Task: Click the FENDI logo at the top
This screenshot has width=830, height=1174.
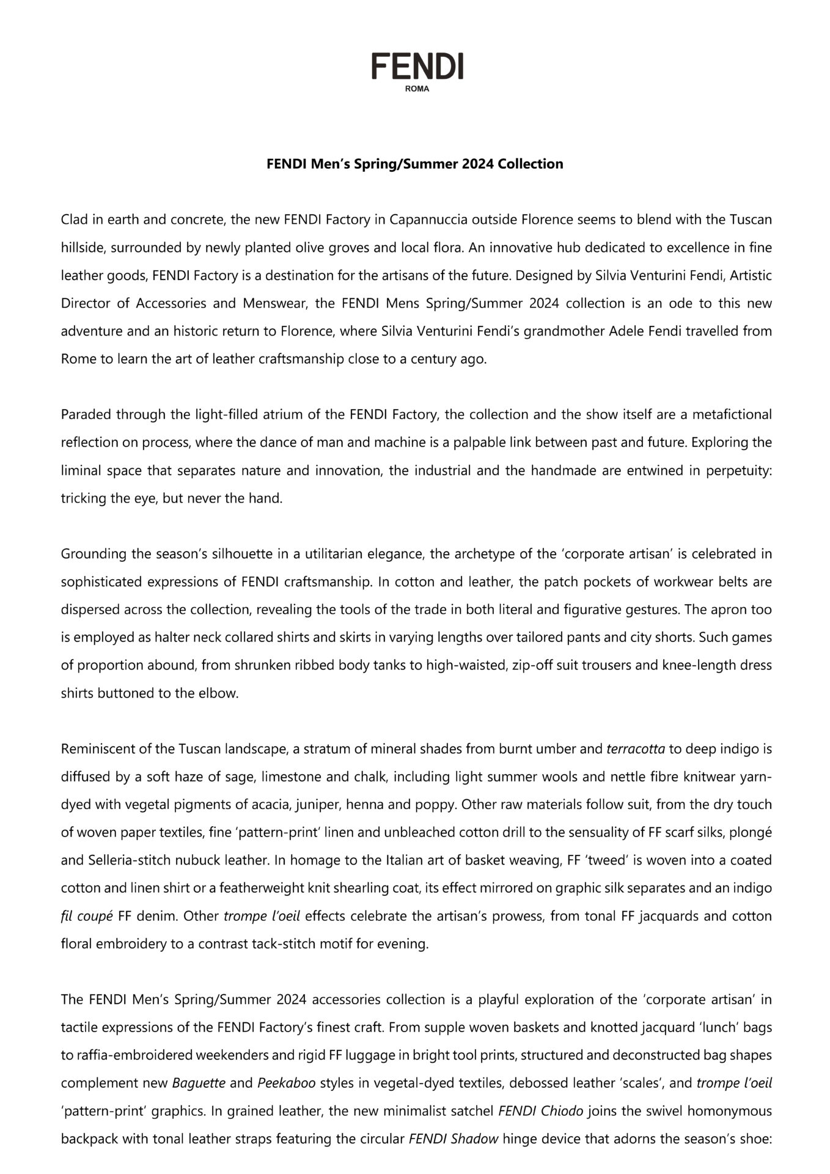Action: (417, 66)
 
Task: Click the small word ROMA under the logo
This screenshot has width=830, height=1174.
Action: (417, 89)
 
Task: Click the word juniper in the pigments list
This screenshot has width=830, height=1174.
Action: (317, 805)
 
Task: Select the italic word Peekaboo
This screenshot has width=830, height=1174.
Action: (286, 1083)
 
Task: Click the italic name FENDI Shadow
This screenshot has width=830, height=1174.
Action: (453, 1139)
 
